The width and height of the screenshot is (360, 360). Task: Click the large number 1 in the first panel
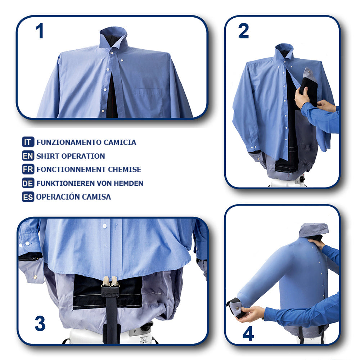point(40,31)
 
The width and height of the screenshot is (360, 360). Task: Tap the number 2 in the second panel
point(244,31)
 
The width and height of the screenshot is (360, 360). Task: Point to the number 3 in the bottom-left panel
point(40,323)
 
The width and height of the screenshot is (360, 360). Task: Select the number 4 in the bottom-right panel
point(248,333)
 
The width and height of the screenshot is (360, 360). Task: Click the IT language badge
point(28,142)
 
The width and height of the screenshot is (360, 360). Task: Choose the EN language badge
point(28,156)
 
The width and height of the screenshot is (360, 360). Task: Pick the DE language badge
point(28,183)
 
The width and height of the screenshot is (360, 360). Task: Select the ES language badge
point(28,197)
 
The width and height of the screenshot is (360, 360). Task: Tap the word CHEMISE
point(125,170)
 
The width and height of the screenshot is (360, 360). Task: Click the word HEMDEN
point(129,183)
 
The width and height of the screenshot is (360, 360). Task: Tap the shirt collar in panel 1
point(113,38)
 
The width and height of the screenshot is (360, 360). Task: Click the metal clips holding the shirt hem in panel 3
point(110,282)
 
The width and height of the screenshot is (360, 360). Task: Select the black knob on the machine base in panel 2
point(302,179)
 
